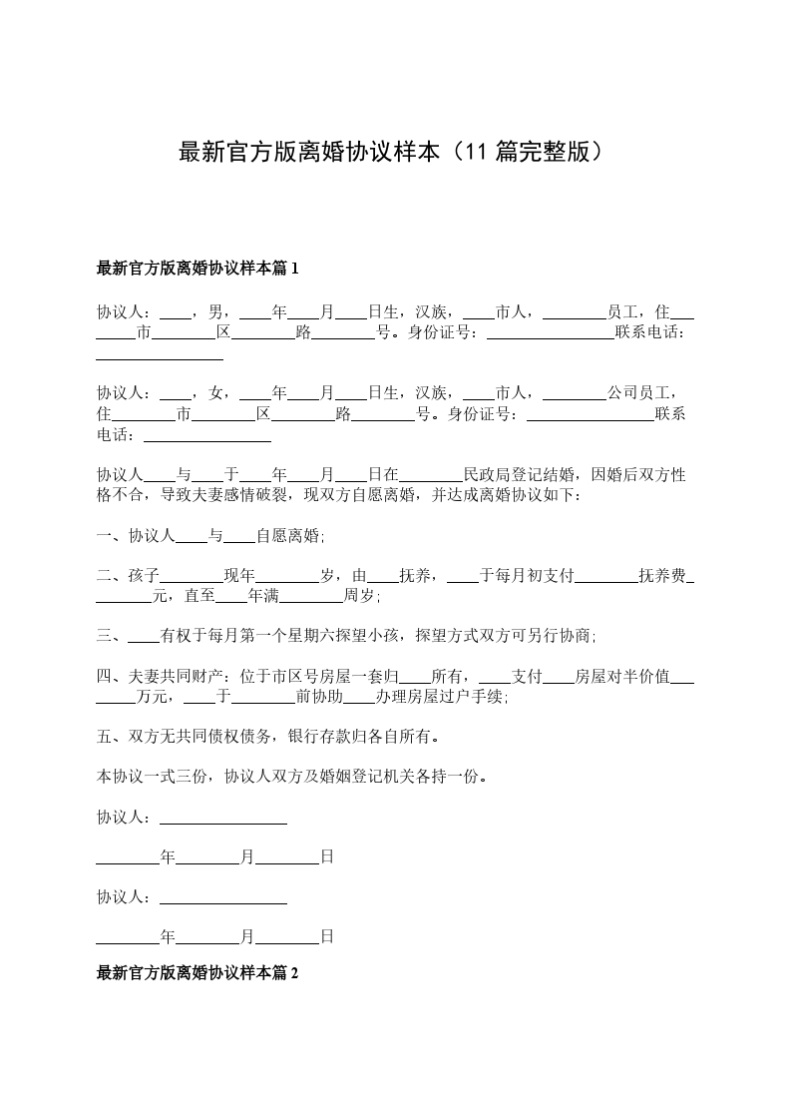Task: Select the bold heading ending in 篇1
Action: [x=198, y=268]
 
